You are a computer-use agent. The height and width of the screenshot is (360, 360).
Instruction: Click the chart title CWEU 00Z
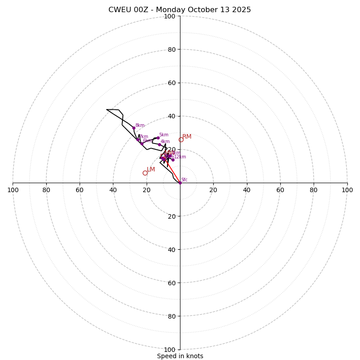point(180,10)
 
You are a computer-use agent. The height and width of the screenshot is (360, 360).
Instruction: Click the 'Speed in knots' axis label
point(180,356)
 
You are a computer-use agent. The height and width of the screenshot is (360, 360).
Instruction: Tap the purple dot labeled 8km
point(134,128)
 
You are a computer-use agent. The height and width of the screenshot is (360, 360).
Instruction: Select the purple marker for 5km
point(158,138)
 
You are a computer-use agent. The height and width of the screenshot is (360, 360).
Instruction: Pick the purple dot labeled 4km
point(159,145)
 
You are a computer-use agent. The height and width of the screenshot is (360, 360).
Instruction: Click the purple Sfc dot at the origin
point(180,183)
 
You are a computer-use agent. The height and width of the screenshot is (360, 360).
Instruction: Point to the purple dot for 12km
point(173,160)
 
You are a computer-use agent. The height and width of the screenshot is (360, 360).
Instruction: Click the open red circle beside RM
point(181,140)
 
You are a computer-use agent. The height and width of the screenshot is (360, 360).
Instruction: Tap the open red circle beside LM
point(145,173)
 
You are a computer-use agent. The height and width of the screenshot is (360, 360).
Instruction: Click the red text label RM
point(187,136)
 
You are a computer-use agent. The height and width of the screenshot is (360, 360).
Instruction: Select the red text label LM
point(151,170)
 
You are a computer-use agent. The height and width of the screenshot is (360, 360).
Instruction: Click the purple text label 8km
point(140,126)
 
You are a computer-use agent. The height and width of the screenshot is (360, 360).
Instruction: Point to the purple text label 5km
point(164,135)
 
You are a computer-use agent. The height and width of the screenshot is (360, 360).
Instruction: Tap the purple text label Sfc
point(184,180)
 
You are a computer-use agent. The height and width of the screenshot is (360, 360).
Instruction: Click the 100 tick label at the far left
point(13,190)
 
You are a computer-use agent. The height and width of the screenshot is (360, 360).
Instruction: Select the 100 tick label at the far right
point(347,190)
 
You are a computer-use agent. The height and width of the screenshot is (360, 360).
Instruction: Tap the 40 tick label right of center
point(247,190)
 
